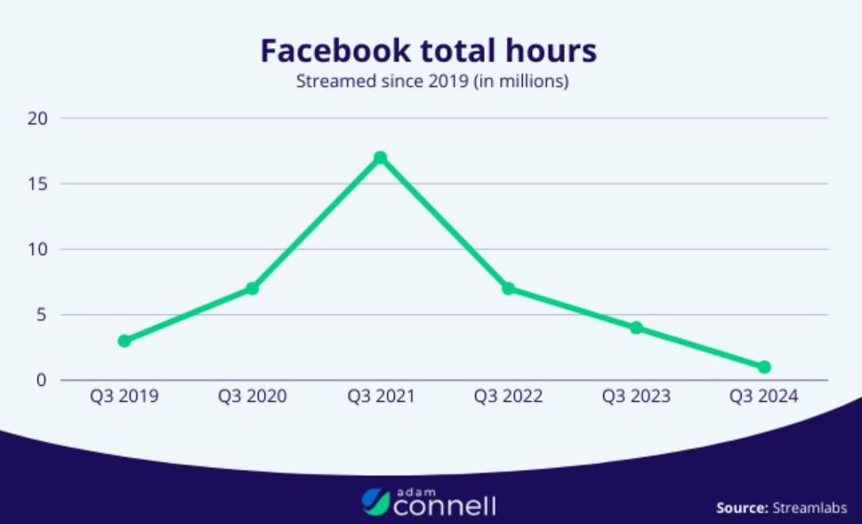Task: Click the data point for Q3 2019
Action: coord(124,341)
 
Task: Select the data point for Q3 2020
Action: coord(252,288)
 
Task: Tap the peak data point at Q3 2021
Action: coord(380,157)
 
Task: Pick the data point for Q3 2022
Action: coord(508,288)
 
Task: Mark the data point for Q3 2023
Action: coord(636,327)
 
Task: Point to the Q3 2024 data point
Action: coord(764,367)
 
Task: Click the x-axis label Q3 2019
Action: coord(124,396)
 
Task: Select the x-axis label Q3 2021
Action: coord(380,396)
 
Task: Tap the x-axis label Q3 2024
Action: coord(764,396)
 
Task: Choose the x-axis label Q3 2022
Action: coord(508,396)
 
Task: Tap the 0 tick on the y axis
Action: coord(41,380)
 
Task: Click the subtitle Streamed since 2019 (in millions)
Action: coord(431,83)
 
